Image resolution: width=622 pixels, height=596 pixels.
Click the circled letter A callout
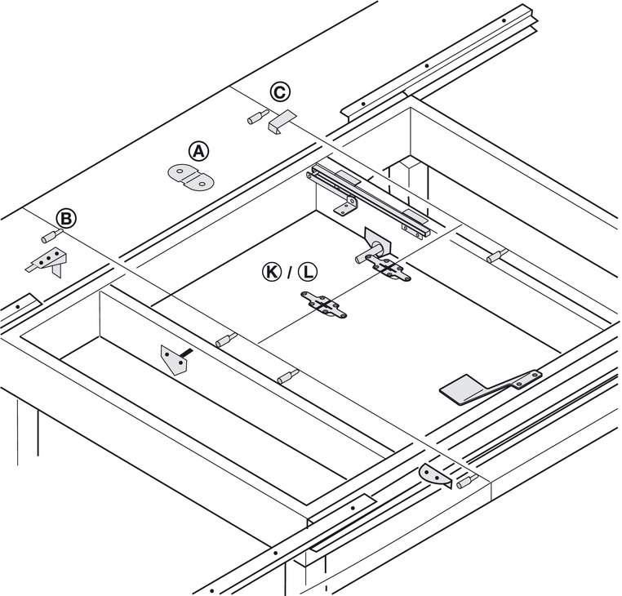point(198,151)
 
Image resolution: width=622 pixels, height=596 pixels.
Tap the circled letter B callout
point(66,219)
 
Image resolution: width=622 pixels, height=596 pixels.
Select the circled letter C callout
point(280,92)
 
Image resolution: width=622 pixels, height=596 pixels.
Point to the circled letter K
point(272,272)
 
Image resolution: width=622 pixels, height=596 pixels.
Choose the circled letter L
point(308,272)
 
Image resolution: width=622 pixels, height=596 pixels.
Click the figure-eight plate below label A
point(191,177)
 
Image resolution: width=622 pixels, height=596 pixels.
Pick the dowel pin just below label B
point(52,236)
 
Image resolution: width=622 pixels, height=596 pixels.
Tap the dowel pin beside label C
point(258,117)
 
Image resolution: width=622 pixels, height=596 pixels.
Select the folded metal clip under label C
point(282,121)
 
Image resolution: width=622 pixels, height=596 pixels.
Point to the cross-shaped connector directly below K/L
point(324,305)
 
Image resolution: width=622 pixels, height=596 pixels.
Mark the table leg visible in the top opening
point(409,180)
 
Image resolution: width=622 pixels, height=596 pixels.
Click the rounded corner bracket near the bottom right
point(436,475)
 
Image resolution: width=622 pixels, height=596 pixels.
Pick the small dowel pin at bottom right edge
point(467,482)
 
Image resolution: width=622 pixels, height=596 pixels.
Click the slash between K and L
point(290,273)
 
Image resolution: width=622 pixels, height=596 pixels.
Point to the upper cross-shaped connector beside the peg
point(388,268)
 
